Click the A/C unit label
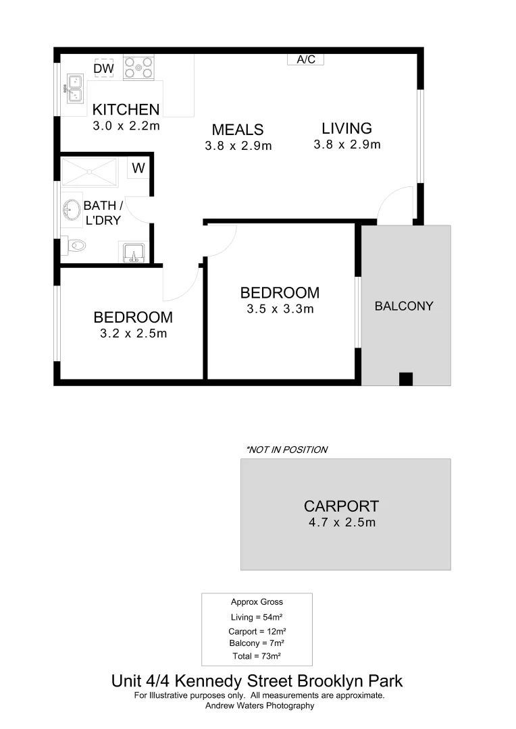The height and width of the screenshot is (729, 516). tap(306, 59)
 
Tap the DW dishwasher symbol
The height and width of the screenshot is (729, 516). tap(103, 68)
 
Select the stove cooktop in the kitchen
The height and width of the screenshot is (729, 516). tap(138, 68)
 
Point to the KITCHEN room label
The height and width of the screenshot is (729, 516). tap(126, 109)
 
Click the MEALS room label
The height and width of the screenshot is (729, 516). tap(238, 130)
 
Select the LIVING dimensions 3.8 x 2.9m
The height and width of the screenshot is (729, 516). tap(347, 144)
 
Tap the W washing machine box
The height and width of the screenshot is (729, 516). tap(138, 169)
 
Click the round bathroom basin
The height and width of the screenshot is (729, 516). tap(70, 210)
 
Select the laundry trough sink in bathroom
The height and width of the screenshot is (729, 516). tap(133, 252)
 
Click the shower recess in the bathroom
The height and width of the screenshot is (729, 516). tap(89, 172)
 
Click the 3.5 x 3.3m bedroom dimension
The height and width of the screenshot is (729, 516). tap(280, 310)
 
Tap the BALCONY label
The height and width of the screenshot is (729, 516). tap(404, 306)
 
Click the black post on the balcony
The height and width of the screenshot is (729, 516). tap(405, 379)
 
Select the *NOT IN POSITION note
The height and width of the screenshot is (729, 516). tap(286, 450)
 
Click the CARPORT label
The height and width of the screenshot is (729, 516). tap(341, 506)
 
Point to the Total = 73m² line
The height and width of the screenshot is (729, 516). tap(257, 655)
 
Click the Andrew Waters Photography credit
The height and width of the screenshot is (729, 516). tap(259, 705)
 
